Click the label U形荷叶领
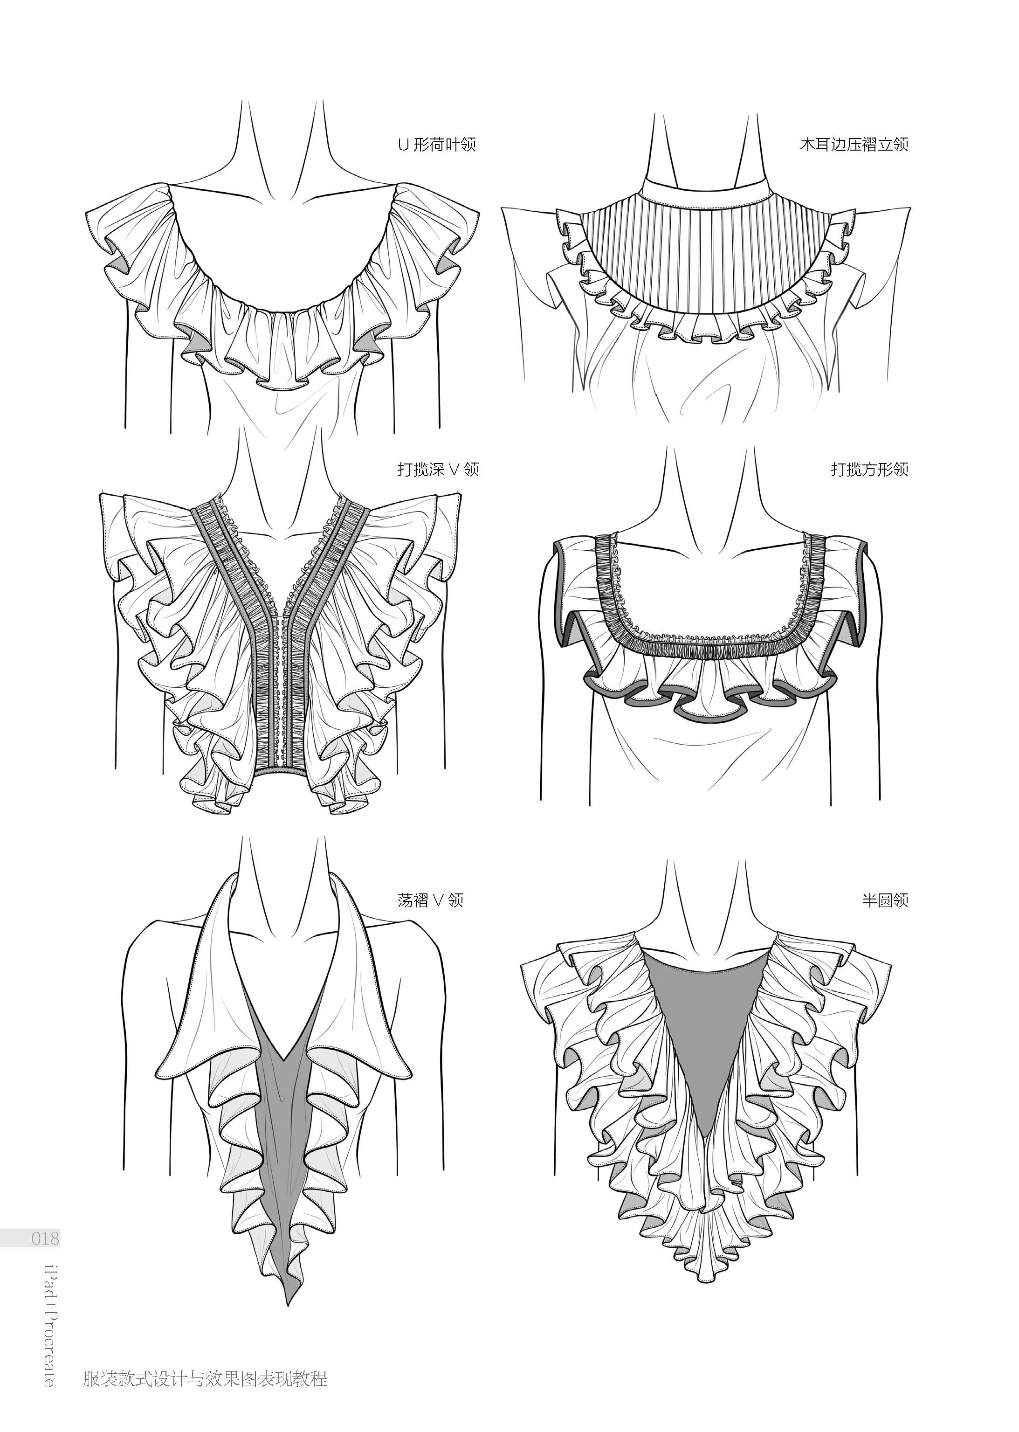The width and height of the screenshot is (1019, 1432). tap(437, 145)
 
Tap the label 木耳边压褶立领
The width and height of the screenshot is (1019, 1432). tap(854, 145)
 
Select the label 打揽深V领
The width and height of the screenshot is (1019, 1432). tap(438, 470)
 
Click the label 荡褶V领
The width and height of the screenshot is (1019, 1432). tap(430, 900)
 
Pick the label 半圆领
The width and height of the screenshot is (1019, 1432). tap(885, 900)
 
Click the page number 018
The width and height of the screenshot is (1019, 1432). tap(45, 1239)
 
